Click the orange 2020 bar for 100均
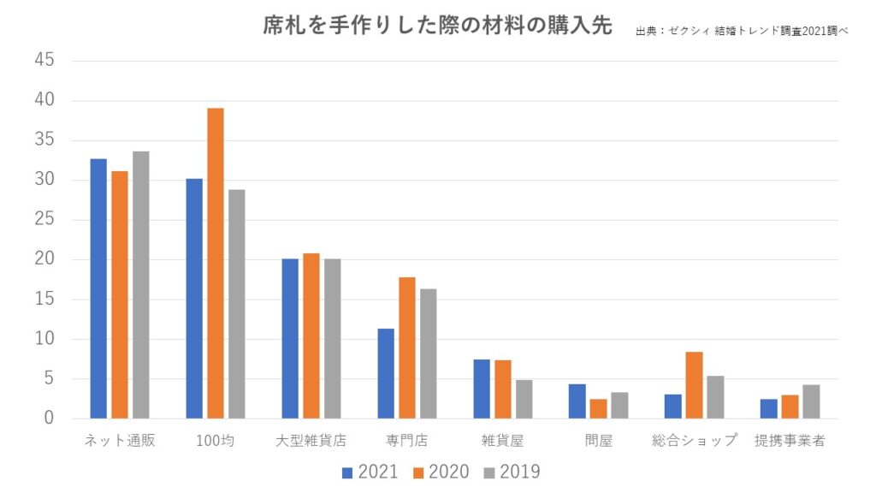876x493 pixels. click(x=215, y=263)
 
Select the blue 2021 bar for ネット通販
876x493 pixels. click(x=98, y=288)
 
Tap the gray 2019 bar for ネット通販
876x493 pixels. click(x=140, y=285)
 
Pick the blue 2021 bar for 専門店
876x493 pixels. click(x=386, y=373)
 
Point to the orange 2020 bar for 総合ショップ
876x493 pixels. click(x=694, y=385)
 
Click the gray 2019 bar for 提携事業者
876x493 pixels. click(x=811, y=401)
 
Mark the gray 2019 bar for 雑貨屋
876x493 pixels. click(x=524, y=399)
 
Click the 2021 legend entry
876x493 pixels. click(x=370, y=472)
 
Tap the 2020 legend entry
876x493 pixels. click(x=440, y=472)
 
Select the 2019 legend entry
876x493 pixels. click(x=511, y=472)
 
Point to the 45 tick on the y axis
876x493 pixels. click(x=45, y=61)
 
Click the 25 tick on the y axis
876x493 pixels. click(x=45, y=220)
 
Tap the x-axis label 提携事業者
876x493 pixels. click(x=790, y=442)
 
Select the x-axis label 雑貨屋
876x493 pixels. click(x=502, y=442)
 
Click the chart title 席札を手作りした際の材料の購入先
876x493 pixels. click(x=437, y=27)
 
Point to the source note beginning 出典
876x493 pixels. click(x=742, y=31)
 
